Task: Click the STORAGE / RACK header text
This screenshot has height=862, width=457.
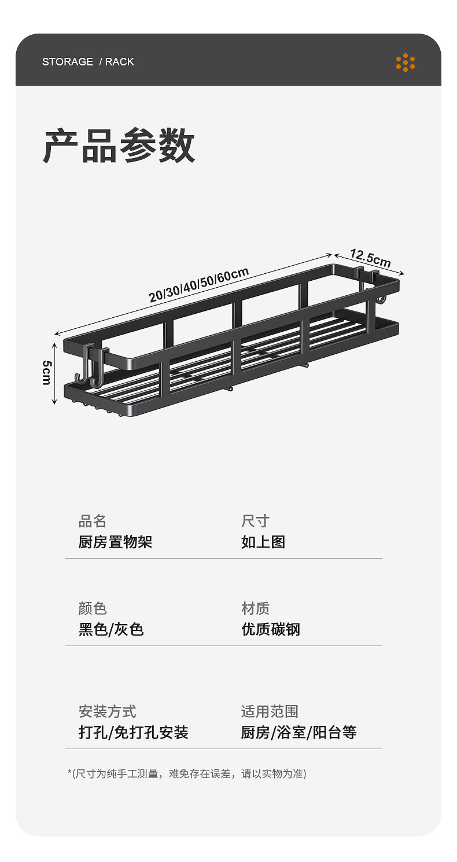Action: coord(88,62)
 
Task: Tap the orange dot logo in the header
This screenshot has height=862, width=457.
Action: coord(406,62)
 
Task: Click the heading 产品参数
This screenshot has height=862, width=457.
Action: coord(120,146)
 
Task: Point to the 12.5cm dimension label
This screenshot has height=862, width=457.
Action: coord(371,259)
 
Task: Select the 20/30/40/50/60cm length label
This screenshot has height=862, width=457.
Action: coord(198,285)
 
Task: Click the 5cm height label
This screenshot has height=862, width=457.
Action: coord(46,372)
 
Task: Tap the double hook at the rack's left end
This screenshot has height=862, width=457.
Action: coord(91,365)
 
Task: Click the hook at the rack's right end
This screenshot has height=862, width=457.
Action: coord(375,285)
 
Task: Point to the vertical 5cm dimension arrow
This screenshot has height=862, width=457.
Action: coord(54,373)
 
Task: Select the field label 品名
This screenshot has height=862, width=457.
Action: coord(93,521)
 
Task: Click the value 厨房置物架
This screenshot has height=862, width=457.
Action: coord(115,542)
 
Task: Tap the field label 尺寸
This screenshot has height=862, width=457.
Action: coord(255,521)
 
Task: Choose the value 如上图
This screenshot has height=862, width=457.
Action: coord(263,542)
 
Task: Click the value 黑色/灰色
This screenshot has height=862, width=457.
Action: coord(111,629)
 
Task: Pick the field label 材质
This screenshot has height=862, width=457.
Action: coord(255,608)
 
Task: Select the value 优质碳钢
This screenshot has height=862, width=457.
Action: coord(271,629)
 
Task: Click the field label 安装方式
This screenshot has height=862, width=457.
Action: coord(108,711)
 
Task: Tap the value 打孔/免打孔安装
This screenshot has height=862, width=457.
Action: coord(134,732)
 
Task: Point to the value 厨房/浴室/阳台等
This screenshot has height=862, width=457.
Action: coord(298,732)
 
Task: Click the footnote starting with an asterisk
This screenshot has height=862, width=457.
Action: coord(187,773)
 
